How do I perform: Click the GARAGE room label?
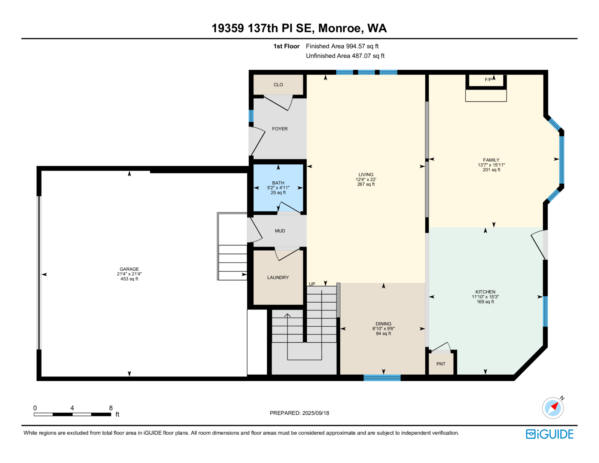pos(129,269)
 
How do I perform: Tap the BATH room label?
pos(278,183)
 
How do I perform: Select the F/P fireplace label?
pos(488,80)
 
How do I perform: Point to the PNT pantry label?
pos(441,364)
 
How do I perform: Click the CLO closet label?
pos(278,85)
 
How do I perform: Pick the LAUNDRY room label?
pos(278,278)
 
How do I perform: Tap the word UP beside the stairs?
pos(312,284)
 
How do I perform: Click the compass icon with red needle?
pos(553,408)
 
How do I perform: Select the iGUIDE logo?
pos(549,434)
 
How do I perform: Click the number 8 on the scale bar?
pos(111,408)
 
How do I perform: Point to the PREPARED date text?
pos(299,413)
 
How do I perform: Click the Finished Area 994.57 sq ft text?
pos(342,46)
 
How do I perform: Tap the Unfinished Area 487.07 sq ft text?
pos(345,56)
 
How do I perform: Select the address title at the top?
pos(299,28)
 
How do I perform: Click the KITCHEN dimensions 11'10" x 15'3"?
pos(485,297)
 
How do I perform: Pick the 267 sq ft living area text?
pos(366,184)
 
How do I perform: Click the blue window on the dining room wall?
pos(382,378)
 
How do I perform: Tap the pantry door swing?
pos(441,348)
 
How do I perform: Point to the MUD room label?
pos(280,231)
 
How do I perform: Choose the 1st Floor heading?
pos(286,46)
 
